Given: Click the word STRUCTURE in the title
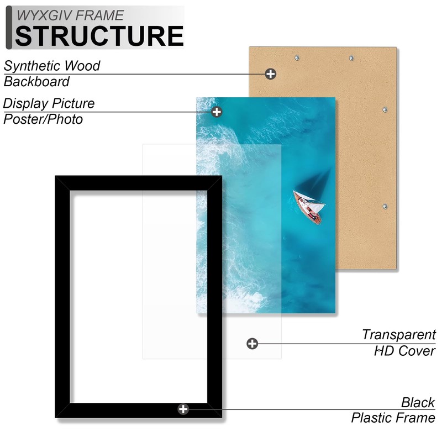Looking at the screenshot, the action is click(99, 35).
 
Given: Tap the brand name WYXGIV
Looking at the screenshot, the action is click(42, 15).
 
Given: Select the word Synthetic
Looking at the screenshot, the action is click(33, 66).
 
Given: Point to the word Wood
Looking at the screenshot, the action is click(82, 66).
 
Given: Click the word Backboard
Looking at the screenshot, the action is click(36, 82).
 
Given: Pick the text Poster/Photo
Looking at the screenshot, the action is click(43, 119).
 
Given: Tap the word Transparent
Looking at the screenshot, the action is click(399, 334).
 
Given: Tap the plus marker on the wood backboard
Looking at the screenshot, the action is click(270, 73).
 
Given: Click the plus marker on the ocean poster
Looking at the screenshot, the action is click(217, 112).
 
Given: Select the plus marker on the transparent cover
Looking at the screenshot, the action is click(252, 344).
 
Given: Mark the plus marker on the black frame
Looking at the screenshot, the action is click(183, 409).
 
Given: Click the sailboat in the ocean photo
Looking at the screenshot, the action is click(309, 206).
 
